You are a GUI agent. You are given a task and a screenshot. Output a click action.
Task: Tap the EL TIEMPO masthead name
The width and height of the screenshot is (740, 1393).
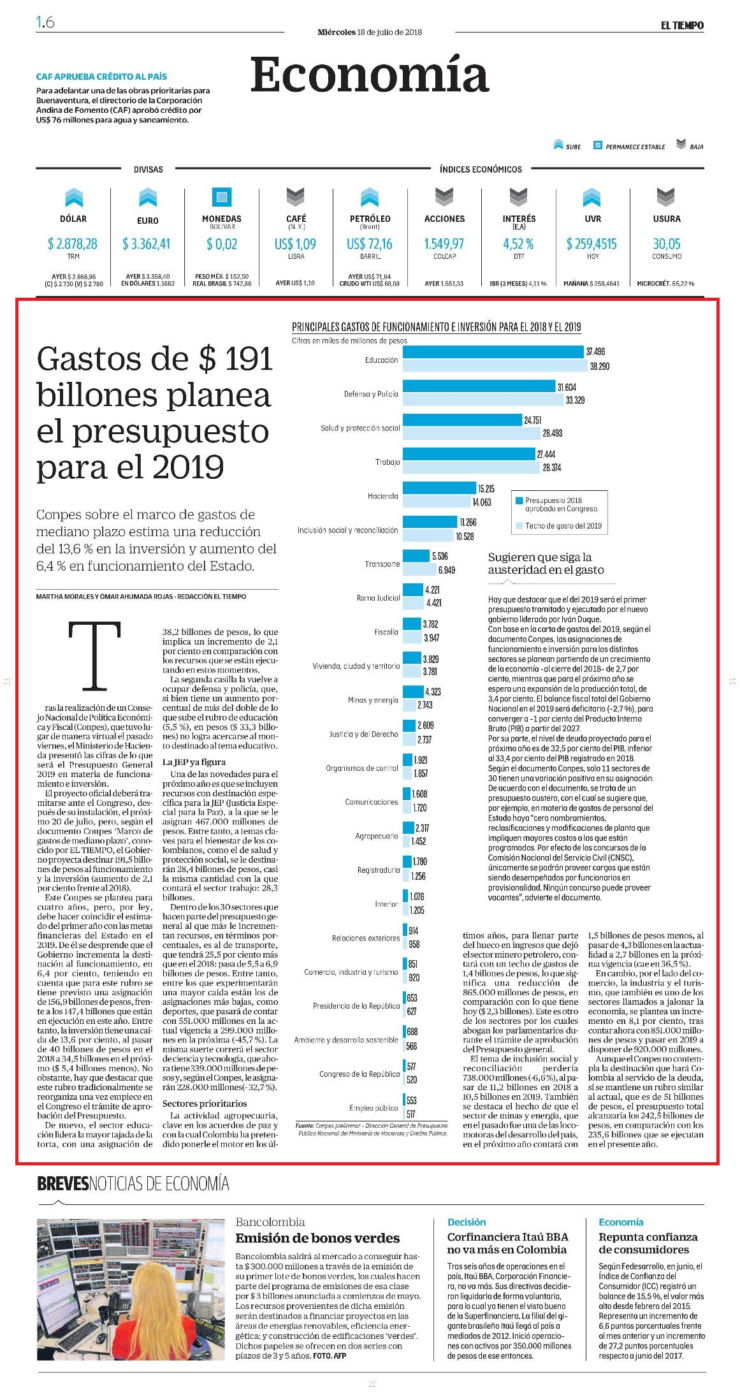click(682, 26)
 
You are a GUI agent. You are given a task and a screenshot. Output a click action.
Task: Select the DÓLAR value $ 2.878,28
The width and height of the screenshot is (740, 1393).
click(73, 244)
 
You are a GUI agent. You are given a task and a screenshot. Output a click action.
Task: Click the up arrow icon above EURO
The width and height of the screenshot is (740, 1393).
click(148, 197)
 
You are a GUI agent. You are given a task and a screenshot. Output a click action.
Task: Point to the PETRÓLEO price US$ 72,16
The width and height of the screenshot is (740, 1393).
click(370, 244)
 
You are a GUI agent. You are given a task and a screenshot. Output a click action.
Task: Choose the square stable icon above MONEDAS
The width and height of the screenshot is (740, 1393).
click(222, 197)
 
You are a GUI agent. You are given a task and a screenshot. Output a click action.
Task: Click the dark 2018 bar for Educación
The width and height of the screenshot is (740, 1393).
click(494, 352)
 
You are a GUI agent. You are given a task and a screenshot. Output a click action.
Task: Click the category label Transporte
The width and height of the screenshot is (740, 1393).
click(382, 564)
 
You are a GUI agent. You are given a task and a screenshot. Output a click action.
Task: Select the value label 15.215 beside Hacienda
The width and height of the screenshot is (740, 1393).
click(486, 489)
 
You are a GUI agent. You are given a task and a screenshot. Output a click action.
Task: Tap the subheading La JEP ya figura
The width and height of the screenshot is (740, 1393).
click(194, 762)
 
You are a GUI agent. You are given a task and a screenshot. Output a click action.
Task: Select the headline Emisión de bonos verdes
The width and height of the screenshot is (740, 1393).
click(317, 1238)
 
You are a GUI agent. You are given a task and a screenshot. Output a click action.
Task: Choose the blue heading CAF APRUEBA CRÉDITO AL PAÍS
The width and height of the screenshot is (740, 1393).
click(101, 77)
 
